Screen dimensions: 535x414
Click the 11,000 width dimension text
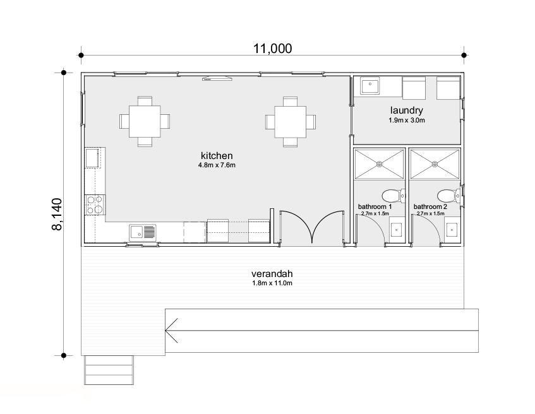(x=272, y=49)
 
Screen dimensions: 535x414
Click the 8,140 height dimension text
(x=57, y=214)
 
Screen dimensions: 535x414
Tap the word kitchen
(x=217, y=156)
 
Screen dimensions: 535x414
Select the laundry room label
(x=406, y=110)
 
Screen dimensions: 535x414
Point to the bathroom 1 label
(x=375, y=206)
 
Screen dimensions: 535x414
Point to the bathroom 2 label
(x=430, y=206)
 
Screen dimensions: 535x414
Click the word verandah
(x=272, y=274)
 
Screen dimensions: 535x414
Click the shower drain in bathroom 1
(x=380, y=164)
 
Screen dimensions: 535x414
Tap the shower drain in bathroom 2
(x=435, y=164)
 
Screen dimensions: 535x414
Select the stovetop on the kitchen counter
(x=95, y=204)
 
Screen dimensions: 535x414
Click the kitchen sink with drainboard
(x=143, y=232)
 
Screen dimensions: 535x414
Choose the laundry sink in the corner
(x=370, y=85)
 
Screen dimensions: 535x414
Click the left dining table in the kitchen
(x=145, y=121)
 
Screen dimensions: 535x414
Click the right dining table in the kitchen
(x=291, y=121)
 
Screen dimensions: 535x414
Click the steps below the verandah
(x=109, y=370)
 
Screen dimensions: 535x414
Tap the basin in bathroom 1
(x=396, y=230)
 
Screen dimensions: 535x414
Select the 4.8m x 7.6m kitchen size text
(x=217, y=165)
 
